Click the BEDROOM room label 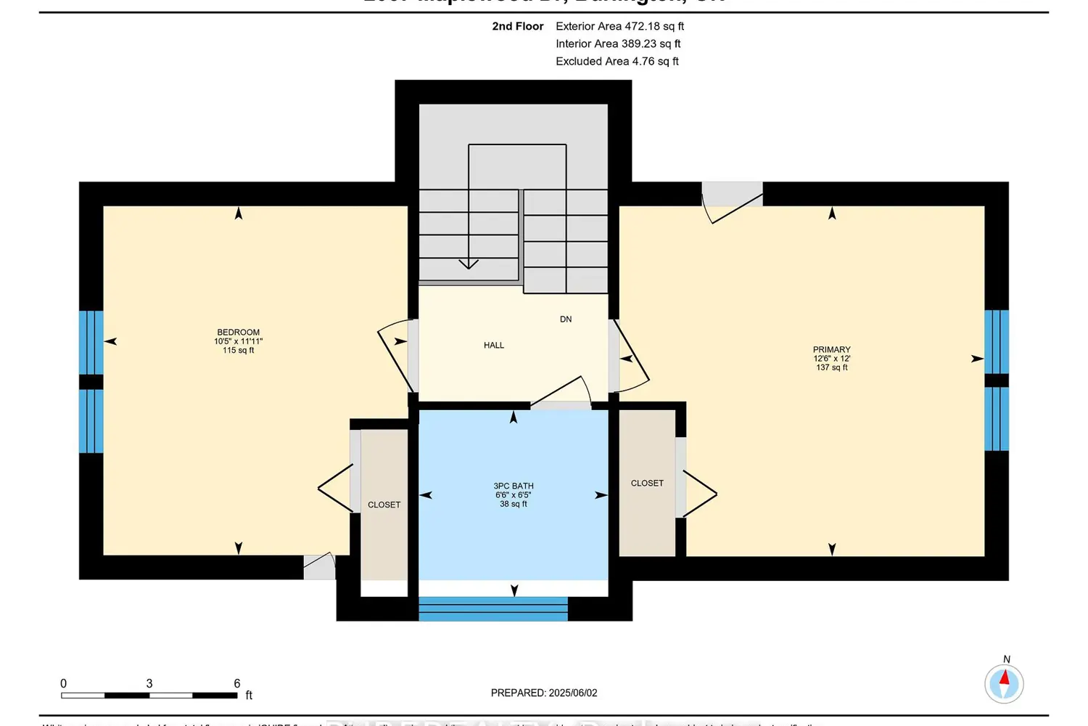[x=238, y=333]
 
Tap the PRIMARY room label [x=831, y=350]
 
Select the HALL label [x=494, y=346]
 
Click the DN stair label [x=566, y=319]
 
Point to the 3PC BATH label [x=514, y=486]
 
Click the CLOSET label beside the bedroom [x=384, y=505]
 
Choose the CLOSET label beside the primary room [x=647, y=484]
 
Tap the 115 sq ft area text [x=238, y=351]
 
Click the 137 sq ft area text [x=831, y=367]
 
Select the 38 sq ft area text [x=514, y=504]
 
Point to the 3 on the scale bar [x=149, y=684]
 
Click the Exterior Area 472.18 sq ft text [x=619, y=26]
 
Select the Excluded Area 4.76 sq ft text [x=617, y=62]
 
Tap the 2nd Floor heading [x=517, y=26]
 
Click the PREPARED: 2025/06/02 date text [x=544, y=693]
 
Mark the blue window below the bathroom [x=493, y=609]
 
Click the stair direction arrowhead [x=469, y=264]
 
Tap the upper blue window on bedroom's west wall [x=91, y=342]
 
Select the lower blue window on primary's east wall [x=996, y=419]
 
